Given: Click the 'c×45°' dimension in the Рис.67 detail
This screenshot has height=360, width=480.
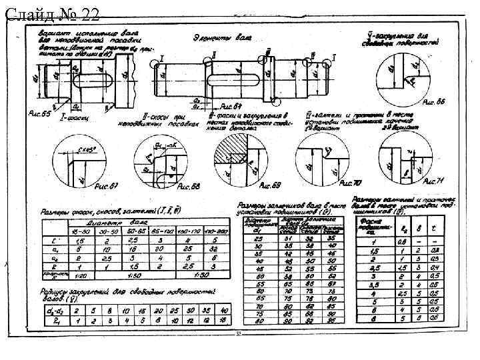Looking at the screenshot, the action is pos(85,151).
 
